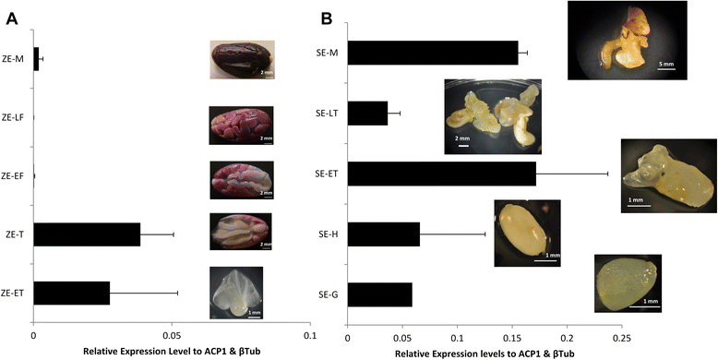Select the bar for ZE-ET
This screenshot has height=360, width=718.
tap(71, 293)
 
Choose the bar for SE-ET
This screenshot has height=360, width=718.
tap(441, 174)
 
